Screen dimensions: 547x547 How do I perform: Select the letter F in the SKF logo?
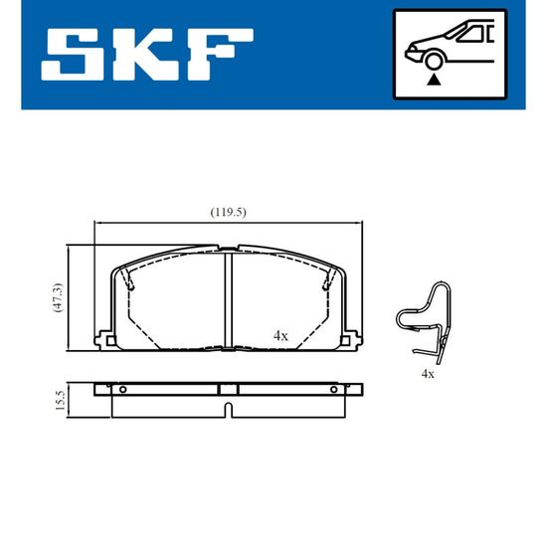220,55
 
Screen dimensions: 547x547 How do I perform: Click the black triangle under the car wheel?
434,80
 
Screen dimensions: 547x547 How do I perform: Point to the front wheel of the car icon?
434,62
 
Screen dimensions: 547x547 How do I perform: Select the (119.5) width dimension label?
228,212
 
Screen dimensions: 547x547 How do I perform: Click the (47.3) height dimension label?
59,297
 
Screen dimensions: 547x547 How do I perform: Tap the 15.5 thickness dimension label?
60,400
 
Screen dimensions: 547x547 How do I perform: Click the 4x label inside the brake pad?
280,336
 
